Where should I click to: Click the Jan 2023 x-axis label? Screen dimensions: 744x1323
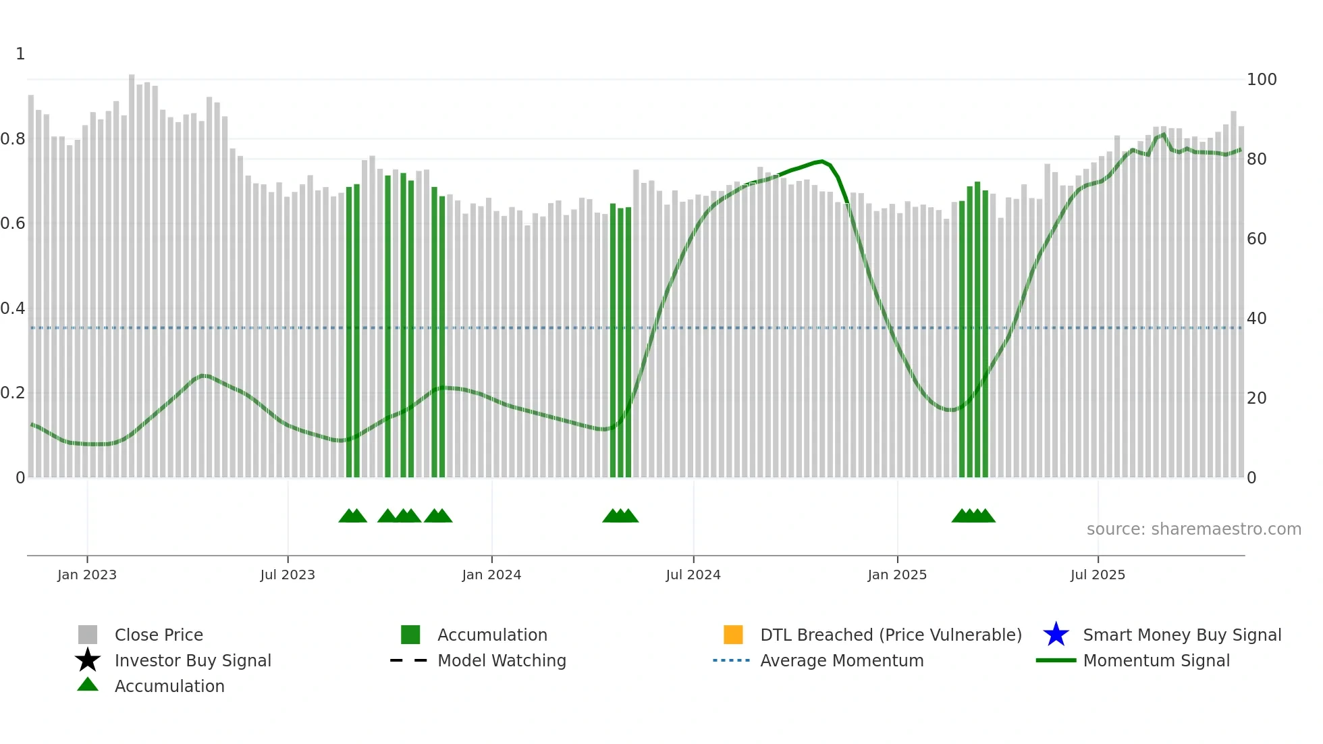click(x=86, y=575)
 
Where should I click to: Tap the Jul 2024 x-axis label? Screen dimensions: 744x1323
click(x=693, y=575)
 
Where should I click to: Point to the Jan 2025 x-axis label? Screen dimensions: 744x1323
click(x=896, y=575)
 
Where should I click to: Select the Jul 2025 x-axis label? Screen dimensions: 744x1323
click(x=1098, y=575)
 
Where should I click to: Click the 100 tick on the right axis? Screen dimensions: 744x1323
click(x=1261, y=80)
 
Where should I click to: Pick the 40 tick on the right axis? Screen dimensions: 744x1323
click(x=1256, y=319)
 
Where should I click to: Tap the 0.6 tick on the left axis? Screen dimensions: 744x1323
click(x=13, y=223)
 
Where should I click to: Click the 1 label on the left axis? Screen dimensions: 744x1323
click(x=20, y=54)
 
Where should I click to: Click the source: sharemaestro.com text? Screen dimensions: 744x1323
click(x=1193, y=529)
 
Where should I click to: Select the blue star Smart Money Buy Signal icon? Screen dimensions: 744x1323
click(x=1056, y=635)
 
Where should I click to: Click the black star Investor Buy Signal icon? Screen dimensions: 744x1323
click(x=88, y=660)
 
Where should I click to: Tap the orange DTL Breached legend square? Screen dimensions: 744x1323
click(x=733, y=635)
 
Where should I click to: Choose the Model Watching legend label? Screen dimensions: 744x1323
click(x=502, y=660)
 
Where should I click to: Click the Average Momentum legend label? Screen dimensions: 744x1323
click(x=842, y=660)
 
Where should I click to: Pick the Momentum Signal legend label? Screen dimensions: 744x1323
click(x=1156, y=660)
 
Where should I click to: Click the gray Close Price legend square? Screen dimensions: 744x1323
click(x=88, y=635)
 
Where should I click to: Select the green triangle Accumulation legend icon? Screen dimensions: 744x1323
click(x=88, y=685)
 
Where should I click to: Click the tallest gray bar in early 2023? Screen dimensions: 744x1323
click(x=132, y=270)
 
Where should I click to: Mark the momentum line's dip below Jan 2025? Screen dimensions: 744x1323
click(x=950, y=409)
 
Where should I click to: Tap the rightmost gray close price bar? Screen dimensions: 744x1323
click(x=1241, y=304)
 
